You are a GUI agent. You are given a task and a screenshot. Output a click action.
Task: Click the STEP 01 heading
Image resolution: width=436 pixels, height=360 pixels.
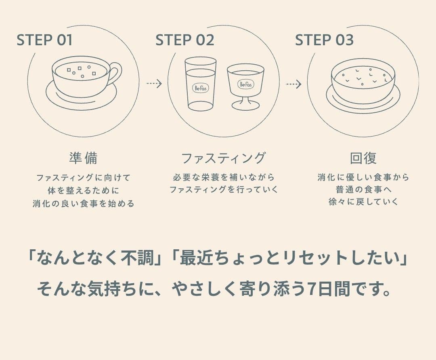[45, 40]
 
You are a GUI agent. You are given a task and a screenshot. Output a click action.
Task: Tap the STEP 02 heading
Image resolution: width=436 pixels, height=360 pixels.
[184, 40]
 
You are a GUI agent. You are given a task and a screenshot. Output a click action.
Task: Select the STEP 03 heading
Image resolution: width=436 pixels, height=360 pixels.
[324, 40]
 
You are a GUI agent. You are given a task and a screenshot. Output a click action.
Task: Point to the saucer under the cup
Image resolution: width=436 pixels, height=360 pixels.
[81, 99]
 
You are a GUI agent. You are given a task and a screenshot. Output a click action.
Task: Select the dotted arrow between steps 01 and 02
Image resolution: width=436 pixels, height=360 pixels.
[154, 84]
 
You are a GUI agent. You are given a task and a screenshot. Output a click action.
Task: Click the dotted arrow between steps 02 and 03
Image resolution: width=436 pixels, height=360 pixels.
[293, 84]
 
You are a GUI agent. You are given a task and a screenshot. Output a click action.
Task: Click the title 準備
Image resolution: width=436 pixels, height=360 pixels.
[83, 158]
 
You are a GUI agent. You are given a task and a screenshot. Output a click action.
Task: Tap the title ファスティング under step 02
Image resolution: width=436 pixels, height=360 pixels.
[223, 158]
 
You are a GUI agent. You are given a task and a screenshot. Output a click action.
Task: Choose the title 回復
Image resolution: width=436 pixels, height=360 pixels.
[363, 158]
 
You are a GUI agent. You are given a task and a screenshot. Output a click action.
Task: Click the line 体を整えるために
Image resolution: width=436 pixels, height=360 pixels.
[83, 190]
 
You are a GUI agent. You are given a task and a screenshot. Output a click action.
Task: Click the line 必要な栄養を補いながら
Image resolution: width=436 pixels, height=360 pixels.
[223, 177]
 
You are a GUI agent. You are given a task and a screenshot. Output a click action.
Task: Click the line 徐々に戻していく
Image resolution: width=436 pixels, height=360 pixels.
[363, 201]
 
